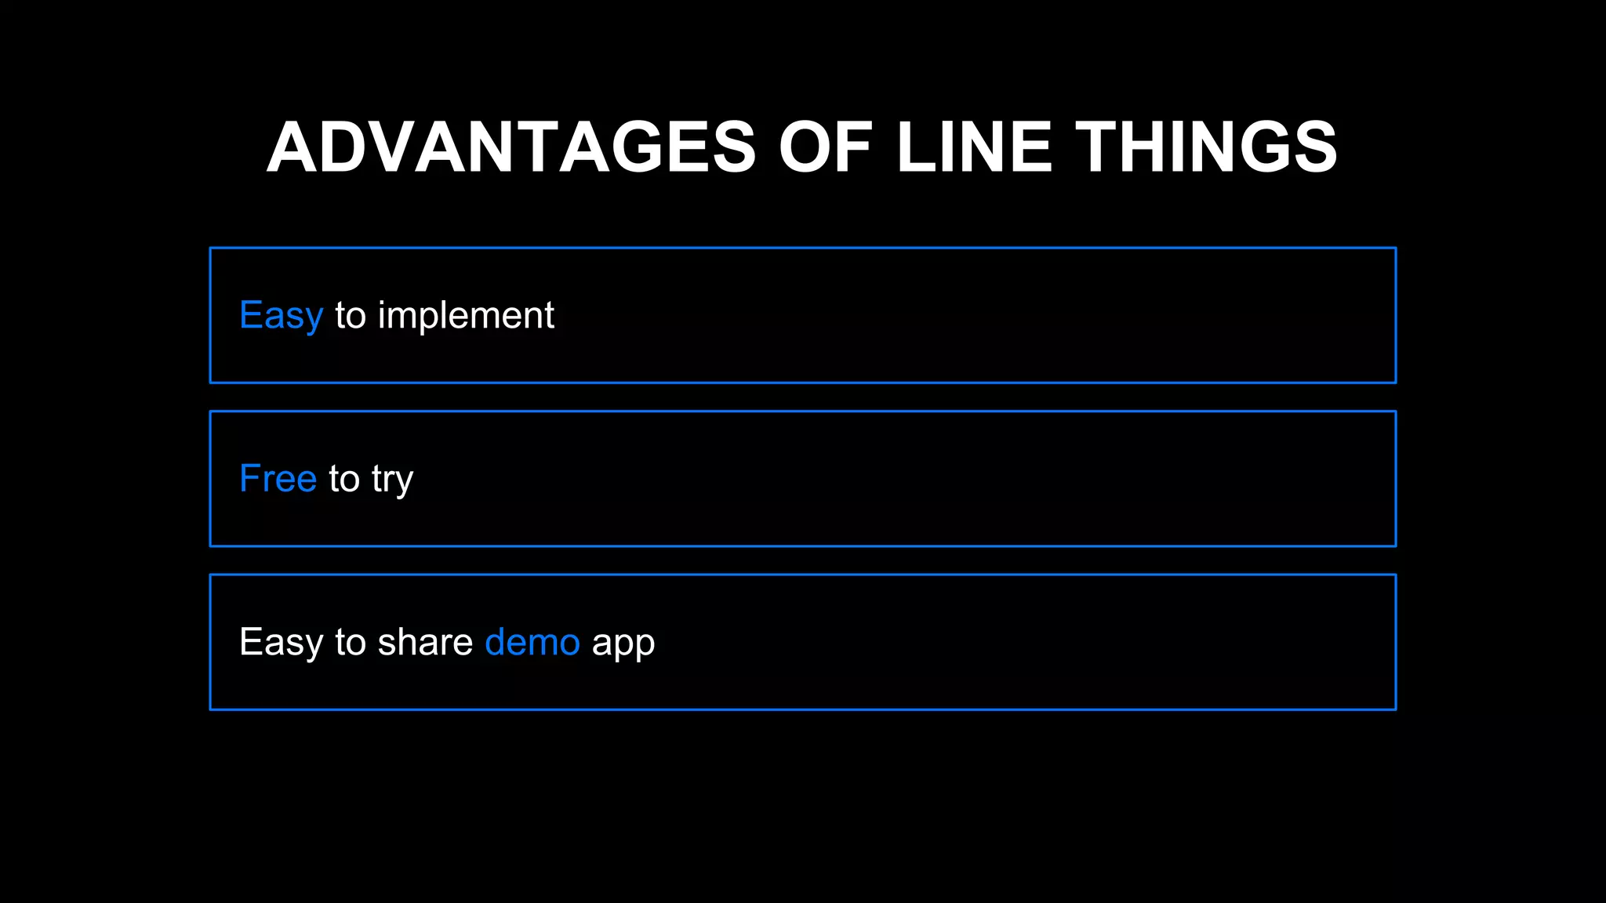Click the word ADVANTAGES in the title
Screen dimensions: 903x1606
[x=511, y=147]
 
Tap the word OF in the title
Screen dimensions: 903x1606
[x=825, y=147]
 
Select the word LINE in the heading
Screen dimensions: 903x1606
[x=973, y=147]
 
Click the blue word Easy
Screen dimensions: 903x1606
[x=281, y=316]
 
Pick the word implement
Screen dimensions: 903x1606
[x=466, y=316]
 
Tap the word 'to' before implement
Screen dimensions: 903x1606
[x=351, y=316]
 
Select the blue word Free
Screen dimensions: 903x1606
[x=278, y=479]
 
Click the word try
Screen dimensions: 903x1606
[x=392, y=480]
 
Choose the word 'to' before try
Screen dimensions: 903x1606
[x=344, y=479]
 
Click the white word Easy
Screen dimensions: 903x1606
[x=281, y=642]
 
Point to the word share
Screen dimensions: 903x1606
[x=425, y=642]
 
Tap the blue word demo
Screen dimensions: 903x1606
[x=532, y=642]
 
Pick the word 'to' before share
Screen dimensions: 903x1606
[x=351, y=642]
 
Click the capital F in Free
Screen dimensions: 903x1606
[x=249, y=478]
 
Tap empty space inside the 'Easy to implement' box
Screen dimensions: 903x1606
[x=941, y=316]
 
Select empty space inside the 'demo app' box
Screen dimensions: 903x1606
[x=1019, y=642]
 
